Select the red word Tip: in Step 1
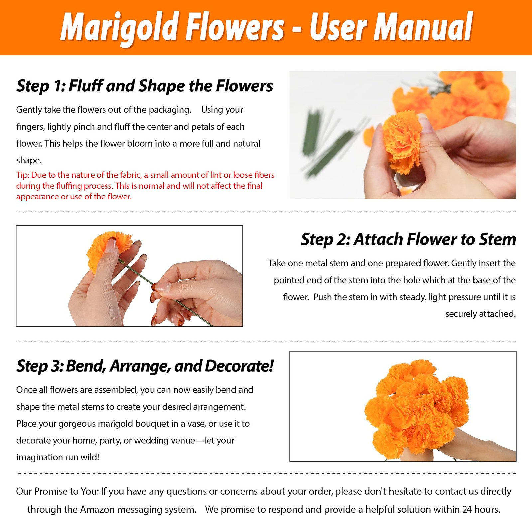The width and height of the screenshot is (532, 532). [x=23, y=175]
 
